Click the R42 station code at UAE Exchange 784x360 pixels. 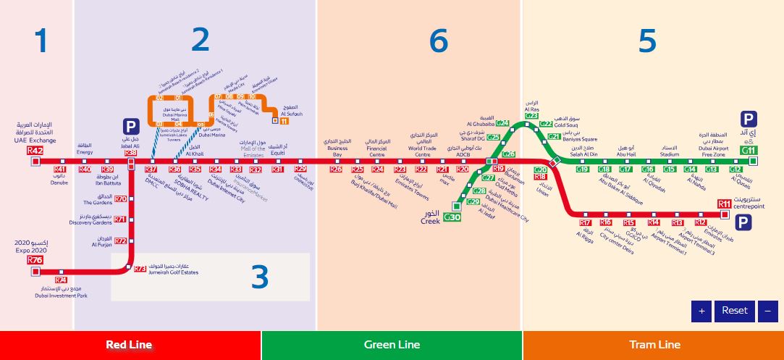[35, 151]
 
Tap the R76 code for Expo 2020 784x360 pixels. [35, 260]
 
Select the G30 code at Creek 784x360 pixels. [452, 217]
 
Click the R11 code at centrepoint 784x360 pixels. [725, 204]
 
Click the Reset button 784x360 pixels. [734, 311]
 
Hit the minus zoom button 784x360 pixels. [767, 311]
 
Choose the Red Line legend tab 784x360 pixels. [130, 345]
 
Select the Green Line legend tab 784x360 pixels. [391, 345]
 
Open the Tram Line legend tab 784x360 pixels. [653, 345]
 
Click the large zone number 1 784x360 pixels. [41, 41]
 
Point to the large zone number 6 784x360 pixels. [439, 41]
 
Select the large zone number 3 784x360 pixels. [259, 277]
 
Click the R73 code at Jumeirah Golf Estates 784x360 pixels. [140, 269]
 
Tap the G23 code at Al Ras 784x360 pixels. [531, 115]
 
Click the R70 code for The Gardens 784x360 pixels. [121, 199]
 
